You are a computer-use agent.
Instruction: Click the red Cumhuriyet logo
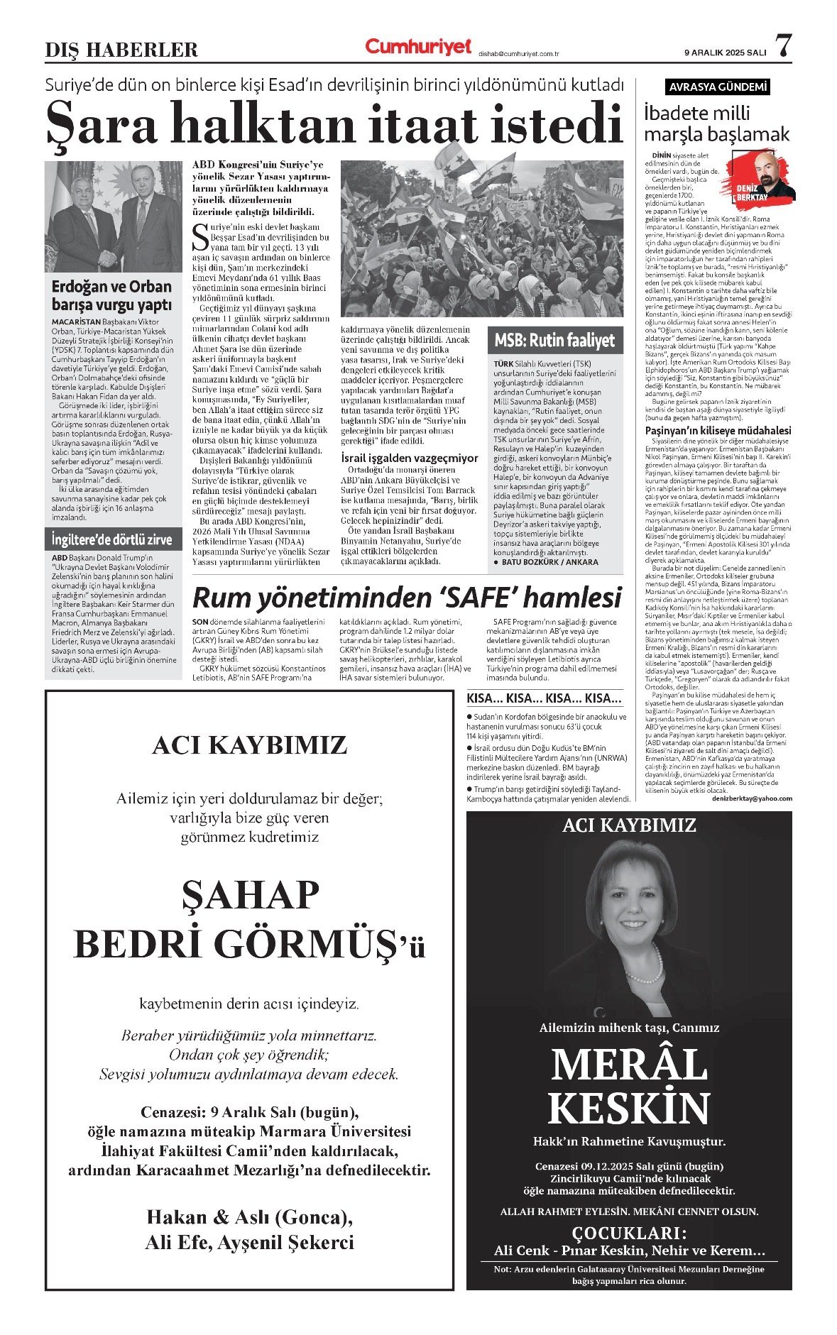pos(418,47)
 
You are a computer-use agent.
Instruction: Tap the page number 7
pos(782,46)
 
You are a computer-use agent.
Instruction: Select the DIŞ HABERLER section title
pos(121,50)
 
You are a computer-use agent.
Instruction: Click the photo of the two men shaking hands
pos(113,216)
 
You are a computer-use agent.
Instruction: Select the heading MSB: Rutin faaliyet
pos(554,341)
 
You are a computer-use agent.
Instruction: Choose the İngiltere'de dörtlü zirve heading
pos(111,539)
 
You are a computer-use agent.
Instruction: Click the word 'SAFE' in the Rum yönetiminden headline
pos(488,598)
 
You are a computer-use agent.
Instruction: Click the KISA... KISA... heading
pos(544,698)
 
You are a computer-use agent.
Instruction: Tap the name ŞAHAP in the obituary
pos(250,896)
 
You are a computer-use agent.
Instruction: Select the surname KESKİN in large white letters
pos(628,1108)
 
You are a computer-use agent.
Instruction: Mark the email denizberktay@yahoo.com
pos(752,798)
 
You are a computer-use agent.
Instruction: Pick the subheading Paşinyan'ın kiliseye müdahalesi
pos(717,430)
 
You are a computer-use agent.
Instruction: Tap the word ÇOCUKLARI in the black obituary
pos(629,1231)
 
